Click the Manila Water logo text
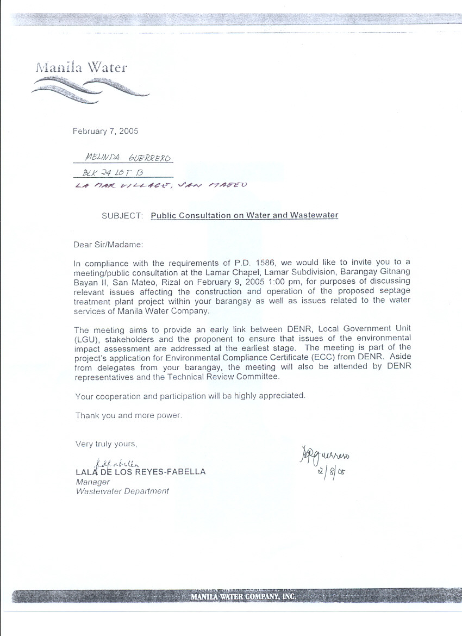pos(82,68)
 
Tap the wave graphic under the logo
pos(90,87)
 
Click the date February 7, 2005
pos(106,131)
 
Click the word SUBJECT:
pos(122,215)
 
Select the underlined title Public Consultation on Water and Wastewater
pos(245,215)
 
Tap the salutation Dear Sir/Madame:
pos(108,245)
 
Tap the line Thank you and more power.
pos(128,416)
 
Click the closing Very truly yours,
pos(106,444)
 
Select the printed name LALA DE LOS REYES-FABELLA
pos(141,472)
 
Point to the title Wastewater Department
pos(122,491)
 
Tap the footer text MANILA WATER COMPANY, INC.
pos(243,597)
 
